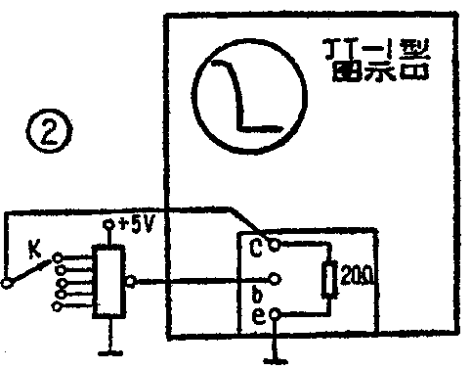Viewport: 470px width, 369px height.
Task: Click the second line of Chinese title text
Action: [x=378, y=71]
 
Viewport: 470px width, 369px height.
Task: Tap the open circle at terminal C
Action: [x=278, y=244]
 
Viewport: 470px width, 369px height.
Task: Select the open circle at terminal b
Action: [x=278, y=277]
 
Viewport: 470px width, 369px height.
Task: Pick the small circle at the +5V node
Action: [x=107, y=225]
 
